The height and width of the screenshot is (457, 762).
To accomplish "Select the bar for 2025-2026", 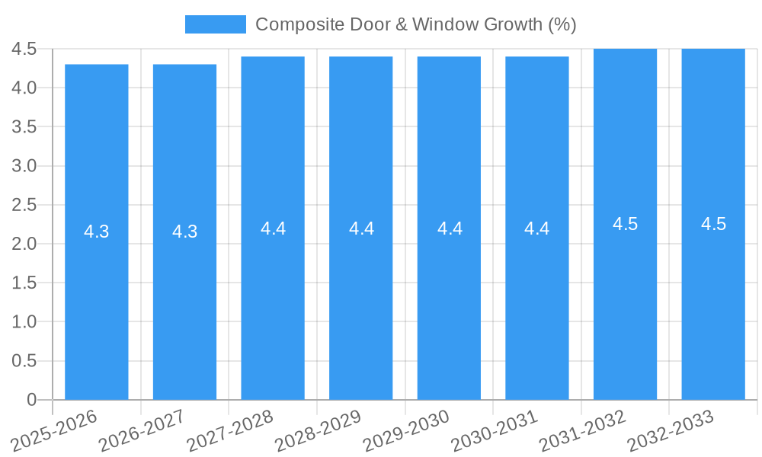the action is click(97, 305).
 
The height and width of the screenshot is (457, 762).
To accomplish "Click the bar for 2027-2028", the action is click(273, 305).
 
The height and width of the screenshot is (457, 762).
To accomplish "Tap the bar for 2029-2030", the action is click(449, 305).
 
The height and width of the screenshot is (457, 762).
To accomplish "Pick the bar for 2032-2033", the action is click(713, 305).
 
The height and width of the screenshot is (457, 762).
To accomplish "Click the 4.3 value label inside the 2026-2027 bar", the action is click(185, 232).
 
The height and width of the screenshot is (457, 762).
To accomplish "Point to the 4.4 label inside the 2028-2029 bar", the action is click(361, 228).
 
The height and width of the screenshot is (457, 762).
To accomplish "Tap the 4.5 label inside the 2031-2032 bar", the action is click(625, 224).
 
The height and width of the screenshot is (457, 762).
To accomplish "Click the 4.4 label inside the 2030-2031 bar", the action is click(537, 228).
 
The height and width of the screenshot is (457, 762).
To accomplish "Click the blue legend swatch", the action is click(216, 24).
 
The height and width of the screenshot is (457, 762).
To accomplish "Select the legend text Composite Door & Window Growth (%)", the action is click(415, 24).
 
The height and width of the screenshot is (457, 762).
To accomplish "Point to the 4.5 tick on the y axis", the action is click(24, 49).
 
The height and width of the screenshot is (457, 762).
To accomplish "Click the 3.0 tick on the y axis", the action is click(24, 166).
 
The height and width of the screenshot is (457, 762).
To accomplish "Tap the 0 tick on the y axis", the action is click(32, 399).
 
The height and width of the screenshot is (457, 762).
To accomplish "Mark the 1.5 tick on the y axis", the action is click(24, 283).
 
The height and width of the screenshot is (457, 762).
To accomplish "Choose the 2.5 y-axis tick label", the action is click(24, 205).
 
